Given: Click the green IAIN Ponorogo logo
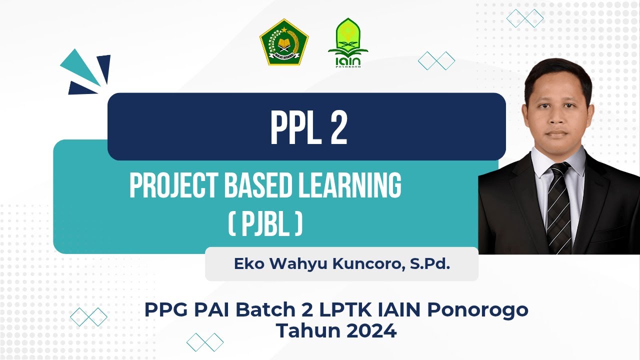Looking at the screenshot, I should pos(348,42).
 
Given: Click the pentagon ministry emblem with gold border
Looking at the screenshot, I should pos(283,42).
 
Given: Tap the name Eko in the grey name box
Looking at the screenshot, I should pos(248,264).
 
